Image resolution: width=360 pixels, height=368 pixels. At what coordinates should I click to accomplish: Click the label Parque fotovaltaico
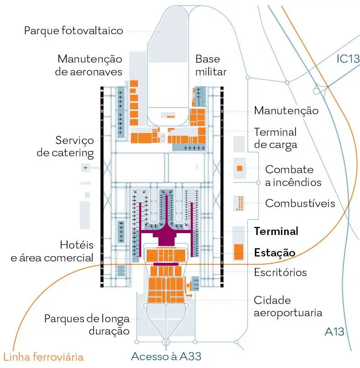click(x=74, y=31)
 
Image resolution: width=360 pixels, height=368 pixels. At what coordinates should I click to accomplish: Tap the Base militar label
click(x=211, y=65)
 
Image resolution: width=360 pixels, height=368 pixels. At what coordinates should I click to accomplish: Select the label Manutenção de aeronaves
click(x=89, y=65)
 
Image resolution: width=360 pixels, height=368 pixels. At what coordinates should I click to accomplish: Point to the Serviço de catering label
click(x=65, y=147)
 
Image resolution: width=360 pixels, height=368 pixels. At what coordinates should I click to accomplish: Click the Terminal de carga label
click(x=275, y=139)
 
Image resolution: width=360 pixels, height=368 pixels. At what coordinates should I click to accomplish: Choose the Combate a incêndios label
click(x=293, y=176)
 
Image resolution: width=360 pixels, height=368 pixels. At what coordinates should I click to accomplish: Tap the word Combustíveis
click(x=300, y=203)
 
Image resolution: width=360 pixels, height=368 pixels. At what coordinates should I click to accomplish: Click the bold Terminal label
click(x=276, y=231)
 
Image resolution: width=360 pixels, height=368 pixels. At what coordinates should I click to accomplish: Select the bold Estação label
click(x=275, y=253)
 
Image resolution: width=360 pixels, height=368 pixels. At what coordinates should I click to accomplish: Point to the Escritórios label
click(x=280, y=272)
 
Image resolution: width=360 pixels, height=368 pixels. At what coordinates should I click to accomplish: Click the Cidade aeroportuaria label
click(x=288, y=306)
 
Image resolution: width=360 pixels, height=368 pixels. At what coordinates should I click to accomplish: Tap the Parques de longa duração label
click(x=87, y=325)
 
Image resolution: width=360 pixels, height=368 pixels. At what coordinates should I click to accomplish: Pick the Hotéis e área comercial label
click(x=52, y=251)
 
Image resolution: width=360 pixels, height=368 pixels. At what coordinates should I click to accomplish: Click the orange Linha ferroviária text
click(x=43, y=357)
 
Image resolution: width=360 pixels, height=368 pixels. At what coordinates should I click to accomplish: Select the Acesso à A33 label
click(x=166, y=357)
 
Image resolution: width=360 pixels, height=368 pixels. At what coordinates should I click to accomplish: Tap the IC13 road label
click(x=348, y=59)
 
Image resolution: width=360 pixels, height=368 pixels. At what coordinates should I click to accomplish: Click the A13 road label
click(x=334, y=332)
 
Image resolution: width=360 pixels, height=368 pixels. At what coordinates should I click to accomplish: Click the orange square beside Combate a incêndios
click(x=239, y=168)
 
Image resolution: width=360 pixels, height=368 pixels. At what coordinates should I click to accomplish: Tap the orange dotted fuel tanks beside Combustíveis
click(x=240, y=203)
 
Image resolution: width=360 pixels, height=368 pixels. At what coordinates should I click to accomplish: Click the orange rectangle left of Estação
click(x=239, y=252)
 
